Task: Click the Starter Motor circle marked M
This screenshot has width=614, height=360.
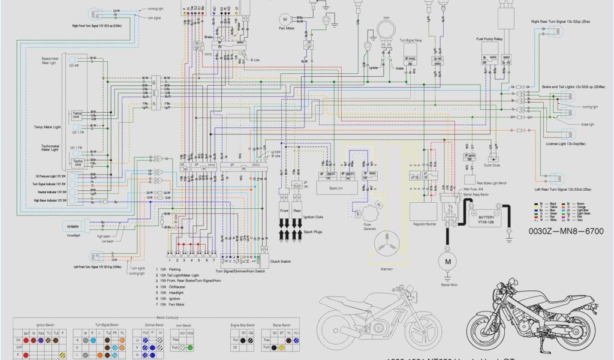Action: [447, 261]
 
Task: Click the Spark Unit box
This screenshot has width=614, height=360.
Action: [339, 188]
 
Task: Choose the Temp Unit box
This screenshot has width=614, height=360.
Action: [77, 114]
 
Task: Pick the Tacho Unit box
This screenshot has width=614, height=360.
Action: [77, 161]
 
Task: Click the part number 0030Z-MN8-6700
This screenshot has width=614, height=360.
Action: [565, 230]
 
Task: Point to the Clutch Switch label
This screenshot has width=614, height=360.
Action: [281, 262]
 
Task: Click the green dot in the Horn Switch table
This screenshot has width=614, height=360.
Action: [190, 347]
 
